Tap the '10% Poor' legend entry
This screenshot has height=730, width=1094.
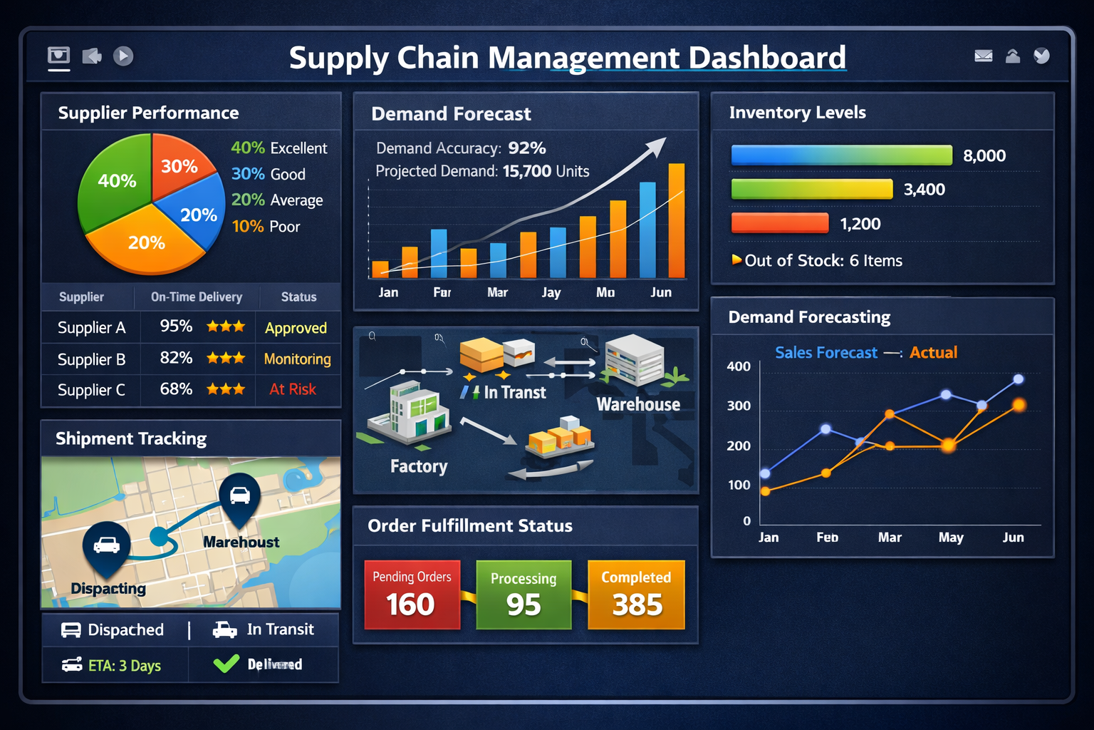pyautogui.click(x=266, y=227)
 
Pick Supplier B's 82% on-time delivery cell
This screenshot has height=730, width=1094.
pyautogui.click(x=176, y=358)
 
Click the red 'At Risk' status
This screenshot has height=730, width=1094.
pyautogui.click(x=293, y=389)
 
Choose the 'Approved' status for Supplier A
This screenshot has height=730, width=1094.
pyautogui.click(x=296, y=328)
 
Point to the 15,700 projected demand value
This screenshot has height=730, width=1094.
pyautogui.click(x=527, y=171)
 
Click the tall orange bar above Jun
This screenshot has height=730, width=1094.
pyautogui.click(x=676, y=221)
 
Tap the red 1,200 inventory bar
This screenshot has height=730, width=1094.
pyautogui.click(x=780, y=223)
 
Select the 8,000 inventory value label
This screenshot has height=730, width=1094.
pyautogui.click(x=984, y=156)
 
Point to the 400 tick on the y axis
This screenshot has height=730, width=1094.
pyautogui.click(x=739, y=366)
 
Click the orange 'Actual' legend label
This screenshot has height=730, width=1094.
pyautogui.click(x=933, y=353)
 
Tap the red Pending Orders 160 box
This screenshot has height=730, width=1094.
pyautogui.click(x=412, y=595)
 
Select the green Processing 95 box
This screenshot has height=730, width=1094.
pyautogui.click(x=523, y=595)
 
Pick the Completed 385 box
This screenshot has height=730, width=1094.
pyautogui.click(x=636, y=595)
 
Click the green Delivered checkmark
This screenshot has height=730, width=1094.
pyautogui.click(x=226, y=664)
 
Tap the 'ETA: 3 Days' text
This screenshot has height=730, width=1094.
pyautogui.click(x=124, y=666)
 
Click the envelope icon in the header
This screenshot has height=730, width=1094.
pyautogui.click(x=984, y=56)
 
